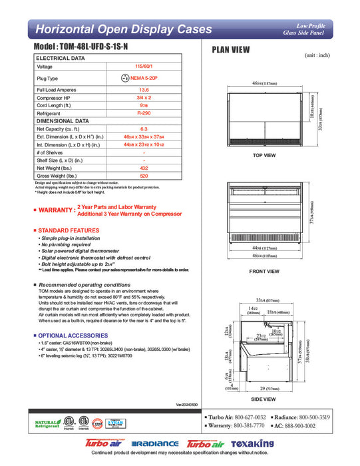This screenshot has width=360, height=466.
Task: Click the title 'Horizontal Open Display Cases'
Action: (123, 29)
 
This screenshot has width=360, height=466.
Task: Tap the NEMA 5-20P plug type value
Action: (144, 78)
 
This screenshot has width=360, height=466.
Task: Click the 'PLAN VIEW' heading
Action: (230, 49)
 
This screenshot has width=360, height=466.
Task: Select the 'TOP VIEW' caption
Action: (264, 155)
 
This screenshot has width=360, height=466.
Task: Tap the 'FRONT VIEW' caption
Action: (264, 271)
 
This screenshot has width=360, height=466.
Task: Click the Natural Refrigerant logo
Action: (45, 424)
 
